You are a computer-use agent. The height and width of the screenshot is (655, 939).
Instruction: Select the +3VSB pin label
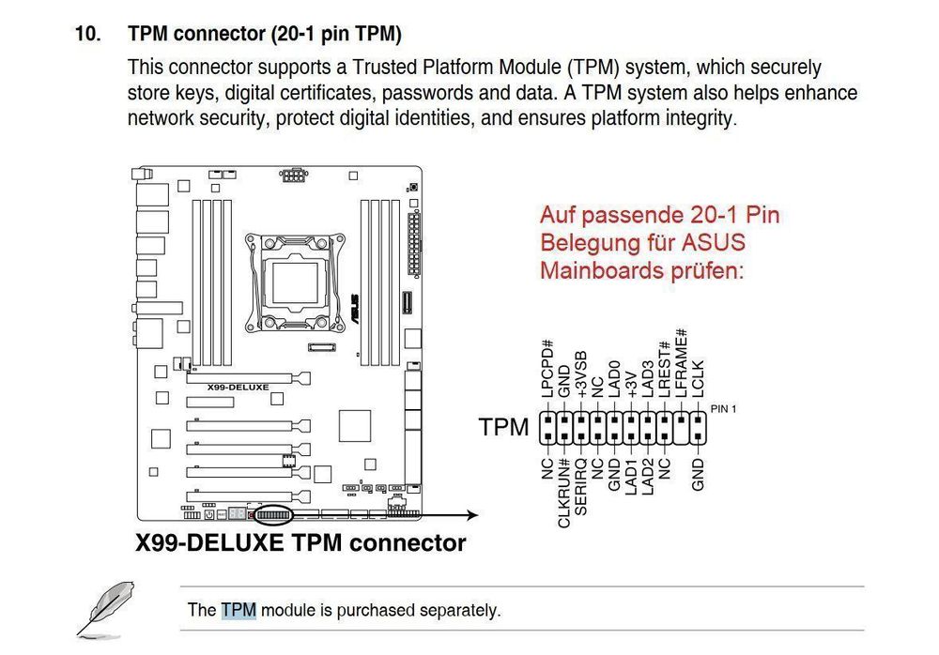581,376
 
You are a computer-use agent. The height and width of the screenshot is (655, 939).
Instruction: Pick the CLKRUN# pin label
564,494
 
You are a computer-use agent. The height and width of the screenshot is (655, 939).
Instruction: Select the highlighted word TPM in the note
239,610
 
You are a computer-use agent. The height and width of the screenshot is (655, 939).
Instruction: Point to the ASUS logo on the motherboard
357,299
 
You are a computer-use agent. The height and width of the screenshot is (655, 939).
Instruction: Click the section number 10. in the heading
88,36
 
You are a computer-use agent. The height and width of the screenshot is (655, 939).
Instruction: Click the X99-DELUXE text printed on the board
238,388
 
